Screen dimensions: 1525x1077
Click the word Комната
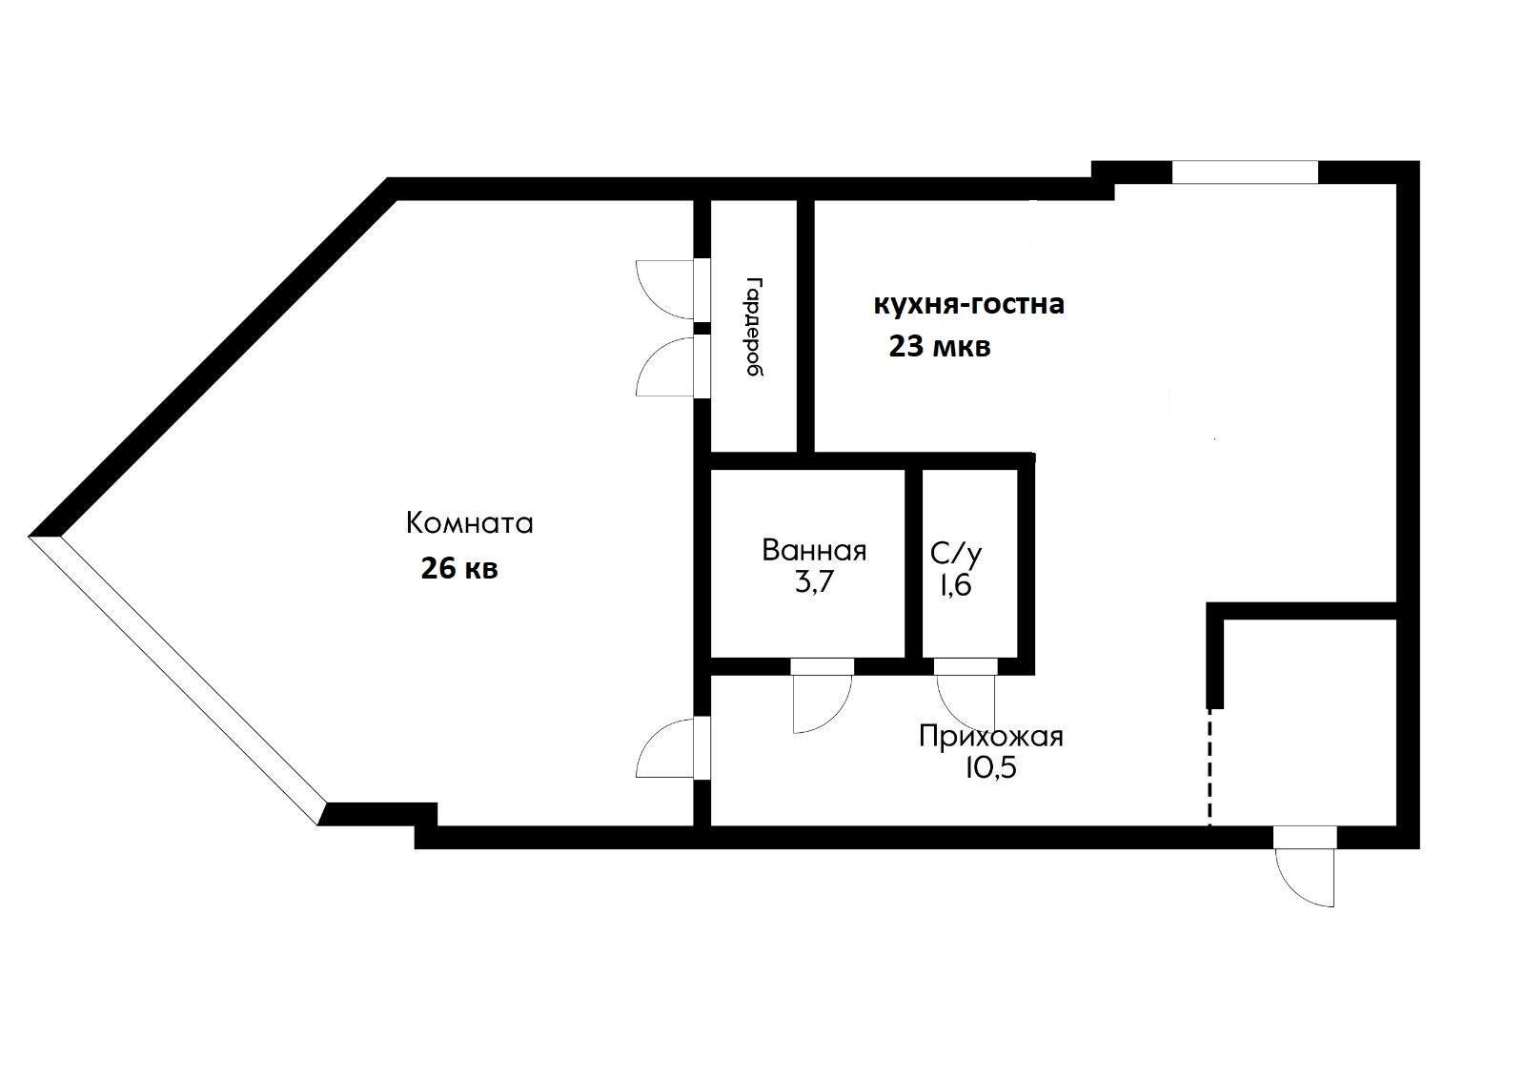click(x=469, y=523)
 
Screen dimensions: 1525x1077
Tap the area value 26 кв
click(x=459, y=568)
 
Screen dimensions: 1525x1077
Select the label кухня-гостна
click(x=968, y=304)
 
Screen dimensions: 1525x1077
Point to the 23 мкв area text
click(x=940, y=347)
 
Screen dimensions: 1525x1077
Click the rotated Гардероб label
click(x=754, y=326)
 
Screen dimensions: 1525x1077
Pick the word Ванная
click(x=814, y=550)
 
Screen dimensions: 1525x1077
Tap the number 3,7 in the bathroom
click(x=814, y=582)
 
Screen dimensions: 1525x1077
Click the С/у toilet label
click(x=956, y=554)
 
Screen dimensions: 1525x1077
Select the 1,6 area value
click(x=956, y=585)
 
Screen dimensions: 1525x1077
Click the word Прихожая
click(x=990, y=737)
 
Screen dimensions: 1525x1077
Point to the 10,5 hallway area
click(x=990, y=768)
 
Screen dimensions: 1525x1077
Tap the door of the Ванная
click(x=823, y=696)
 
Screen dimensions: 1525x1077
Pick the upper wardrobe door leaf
click(x=673, y=290)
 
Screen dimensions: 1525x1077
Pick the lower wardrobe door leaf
click(x=673, y=366)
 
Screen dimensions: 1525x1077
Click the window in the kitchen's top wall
click(x=1245, y=173)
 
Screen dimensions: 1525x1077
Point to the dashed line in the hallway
click(x=1210, y=767)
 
